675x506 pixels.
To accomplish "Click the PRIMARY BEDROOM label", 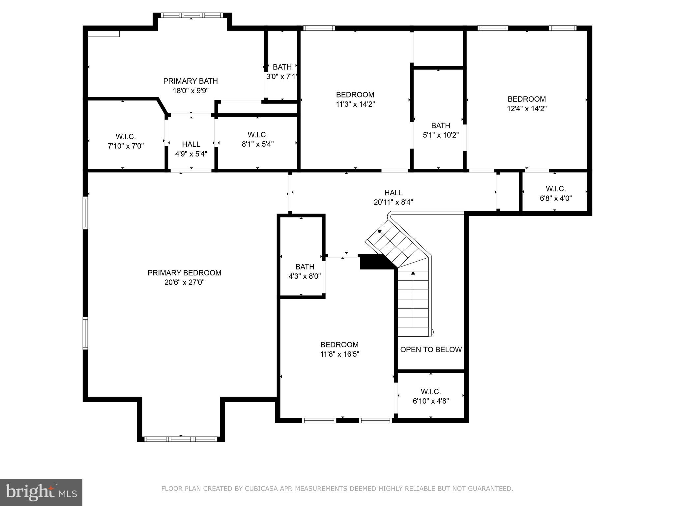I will click(184, 273).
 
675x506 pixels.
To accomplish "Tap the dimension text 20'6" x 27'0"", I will click(184, 282).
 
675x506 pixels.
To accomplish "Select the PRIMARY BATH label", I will click(191, 81).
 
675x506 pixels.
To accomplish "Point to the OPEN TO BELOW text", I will click(431, 350).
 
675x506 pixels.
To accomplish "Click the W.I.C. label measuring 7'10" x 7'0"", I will click(126, 137).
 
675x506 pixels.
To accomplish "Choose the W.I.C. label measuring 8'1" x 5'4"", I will click(257, 135).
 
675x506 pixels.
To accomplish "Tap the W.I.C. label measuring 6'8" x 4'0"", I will click(556, 189).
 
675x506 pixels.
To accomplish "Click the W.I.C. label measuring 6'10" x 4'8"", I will click(431, 392).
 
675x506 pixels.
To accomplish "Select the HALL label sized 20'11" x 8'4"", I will click(393, 193).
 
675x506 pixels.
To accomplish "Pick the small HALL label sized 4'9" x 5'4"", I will click(191, 144).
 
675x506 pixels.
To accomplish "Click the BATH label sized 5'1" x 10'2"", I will click(441, 126).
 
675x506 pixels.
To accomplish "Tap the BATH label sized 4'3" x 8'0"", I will click(305, 267).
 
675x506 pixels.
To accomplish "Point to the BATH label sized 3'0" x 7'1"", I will click(282, 67).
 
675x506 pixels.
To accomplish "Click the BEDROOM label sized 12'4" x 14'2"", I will click(527, 99).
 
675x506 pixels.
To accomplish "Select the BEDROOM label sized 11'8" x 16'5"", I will click(339, 345).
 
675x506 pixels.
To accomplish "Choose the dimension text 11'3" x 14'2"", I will click(355, 104).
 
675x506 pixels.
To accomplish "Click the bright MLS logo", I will click(41, 492).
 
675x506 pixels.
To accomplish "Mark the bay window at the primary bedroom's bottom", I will click(181, 439).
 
